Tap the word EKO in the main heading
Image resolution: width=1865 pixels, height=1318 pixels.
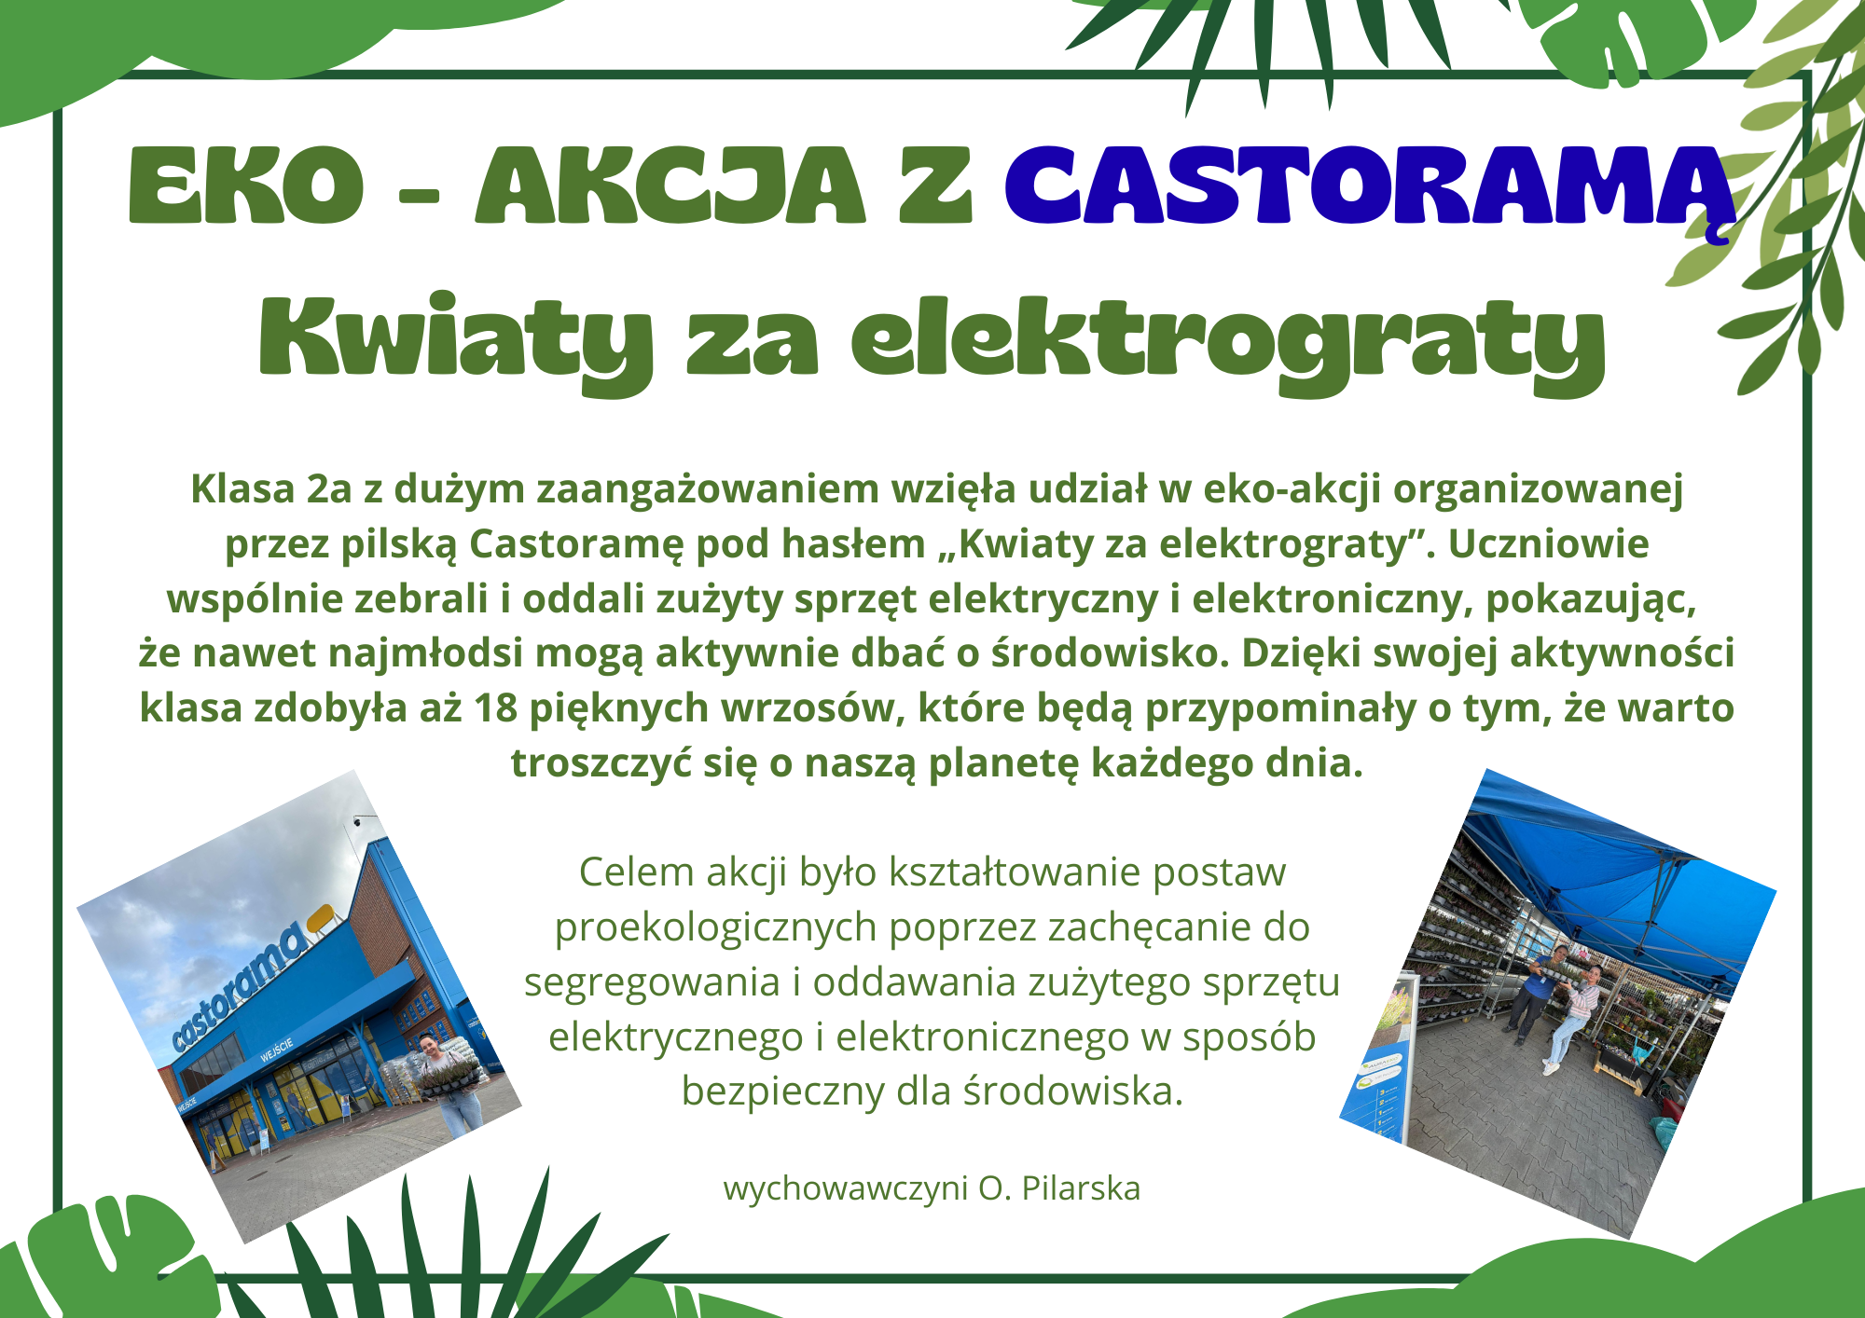pyautogui.click(x=246, y=185)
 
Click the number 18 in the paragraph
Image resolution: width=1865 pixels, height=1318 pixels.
pyautogui.click(x=495, y=708)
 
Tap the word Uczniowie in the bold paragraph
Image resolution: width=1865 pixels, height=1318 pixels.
pyautogui.click(x=1548, y=544)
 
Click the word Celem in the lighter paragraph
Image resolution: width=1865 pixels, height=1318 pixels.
pyautogui.click(x=636, y=872)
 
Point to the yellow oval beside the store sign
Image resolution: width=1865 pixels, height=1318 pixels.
pyautogui.click(x=321, y=917)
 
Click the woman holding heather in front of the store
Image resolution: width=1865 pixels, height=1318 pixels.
pyautogui.click(x=448, y=1081)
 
